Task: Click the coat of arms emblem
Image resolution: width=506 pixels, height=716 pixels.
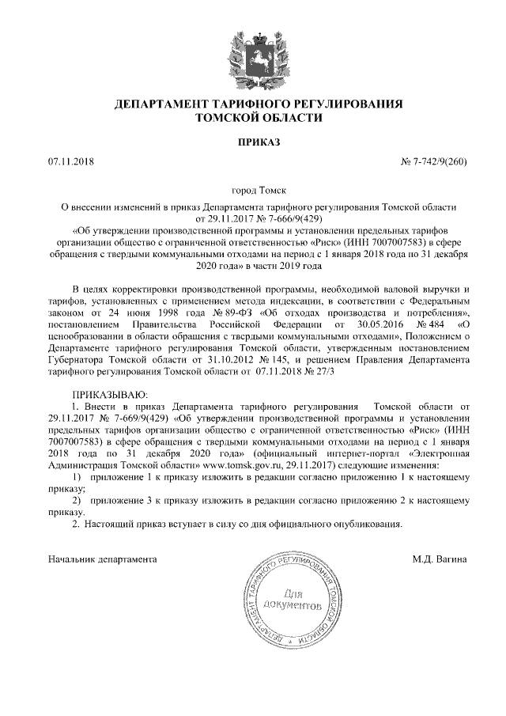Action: pos(253,55)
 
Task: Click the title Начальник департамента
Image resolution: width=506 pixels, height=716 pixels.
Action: pos(102,559)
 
